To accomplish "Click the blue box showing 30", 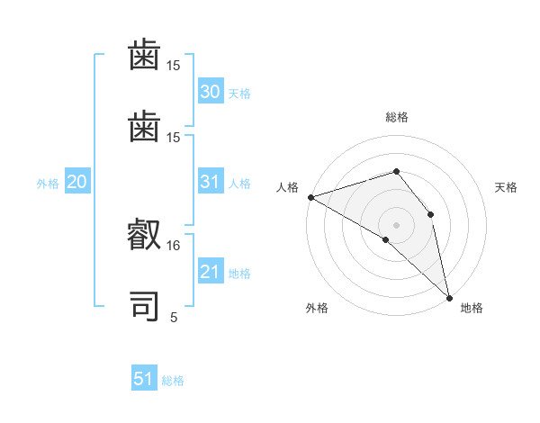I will [x=210, y=92].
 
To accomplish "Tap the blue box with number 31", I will [x=210, y=182].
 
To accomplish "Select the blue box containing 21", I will [x=210, y=272].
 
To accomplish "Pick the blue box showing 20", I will [x=76, y=182].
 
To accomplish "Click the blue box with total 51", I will [x=144, y=379].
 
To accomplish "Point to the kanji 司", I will [x=144, y=305].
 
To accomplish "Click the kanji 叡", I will [x=144, y=237].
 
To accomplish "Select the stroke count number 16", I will [x=174, y=245].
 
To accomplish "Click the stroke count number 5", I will [x=174, y=317].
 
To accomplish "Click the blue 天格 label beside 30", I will [x=238, y=93].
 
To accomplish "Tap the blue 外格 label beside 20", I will [x=48, y=183].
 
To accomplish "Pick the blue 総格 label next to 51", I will [x=173, y=380].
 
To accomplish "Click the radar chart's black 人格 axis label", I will [x=287, y=187].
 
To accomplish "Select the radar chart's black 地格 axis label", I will [x=472, y=308].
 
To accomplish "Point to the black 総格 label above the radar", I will [x=396, y=117].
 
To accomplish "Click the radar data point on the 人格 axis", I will [x=310, y=197].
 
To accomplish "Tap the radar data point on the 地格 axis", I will [x=449, y=296].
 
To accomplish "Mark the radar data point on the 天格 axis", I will [x=430, y=214].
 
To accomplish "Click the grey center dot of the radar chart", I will [x=396, y=224].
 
